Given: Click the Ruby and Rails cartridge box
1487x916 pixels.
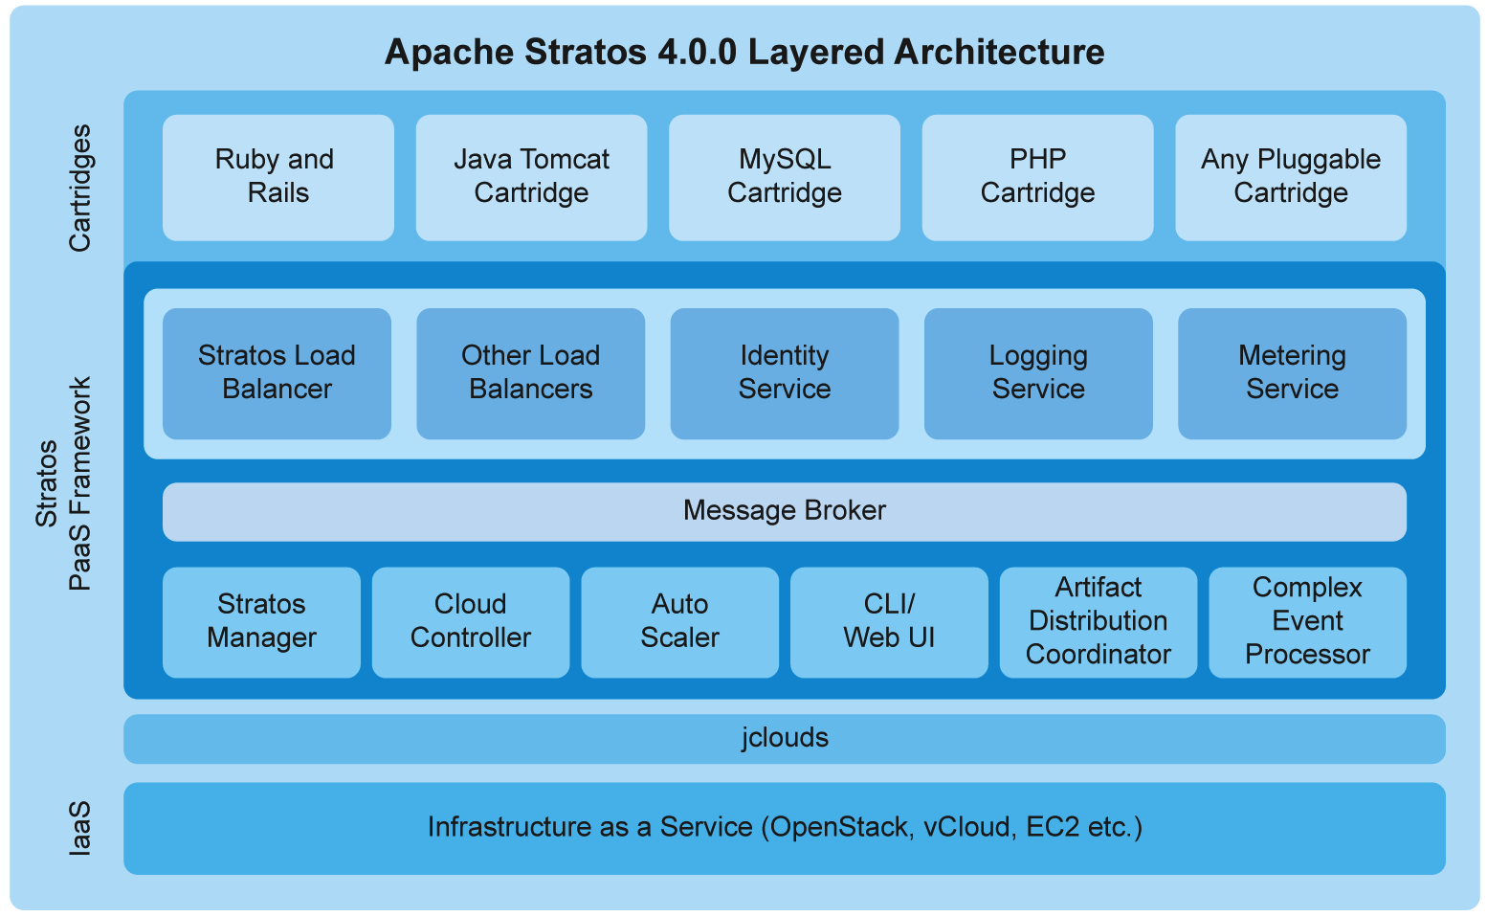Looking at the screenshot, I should coord(277,177).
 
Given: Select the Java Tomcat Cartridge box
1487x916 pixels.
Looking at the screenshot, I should coord(531,177).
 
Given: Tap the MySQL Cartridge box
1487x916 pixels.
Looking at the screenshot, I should coord(784,177).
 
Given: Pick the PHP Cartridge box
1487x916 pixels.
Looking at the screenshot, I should coord(1037,177).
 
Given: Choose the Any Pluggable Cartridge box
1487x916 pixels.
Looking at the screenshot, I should coord(1290,177).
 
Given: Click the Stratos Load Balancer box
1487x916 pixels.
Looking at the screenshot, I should coord(277,373).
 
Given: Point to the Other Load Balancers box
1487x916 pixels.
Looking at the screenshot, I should coord(530,373).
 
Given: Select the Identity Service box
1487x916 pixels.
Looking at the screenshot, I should coord(784,373).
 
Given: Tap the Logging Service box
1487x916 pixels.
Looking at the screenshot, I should coord(1038,373).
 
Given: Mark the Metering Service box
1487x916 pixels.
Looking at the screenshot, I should coord(1292,373).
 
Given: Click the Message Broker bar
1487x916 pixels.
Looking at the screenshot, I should coord(784,511).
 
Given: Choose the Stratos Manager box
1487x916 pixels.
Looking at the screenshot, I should coord(261,622).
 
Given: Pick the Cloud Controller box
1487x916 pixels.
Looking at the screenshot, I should coord(470,622).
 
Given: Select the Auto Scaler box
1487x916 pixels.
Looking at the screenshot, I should coord(679,622).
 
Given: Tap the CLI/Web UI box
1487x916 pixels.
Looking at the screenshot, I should coord(889,622).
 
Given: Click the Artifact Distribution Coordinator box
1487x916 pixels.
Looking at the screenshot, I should coord(1098,622).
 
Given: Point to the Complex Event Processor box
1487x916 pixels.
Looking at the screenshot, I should coord(1307,622).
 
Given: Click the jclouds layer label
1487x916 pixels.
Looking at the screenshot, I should coord(785,738).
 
